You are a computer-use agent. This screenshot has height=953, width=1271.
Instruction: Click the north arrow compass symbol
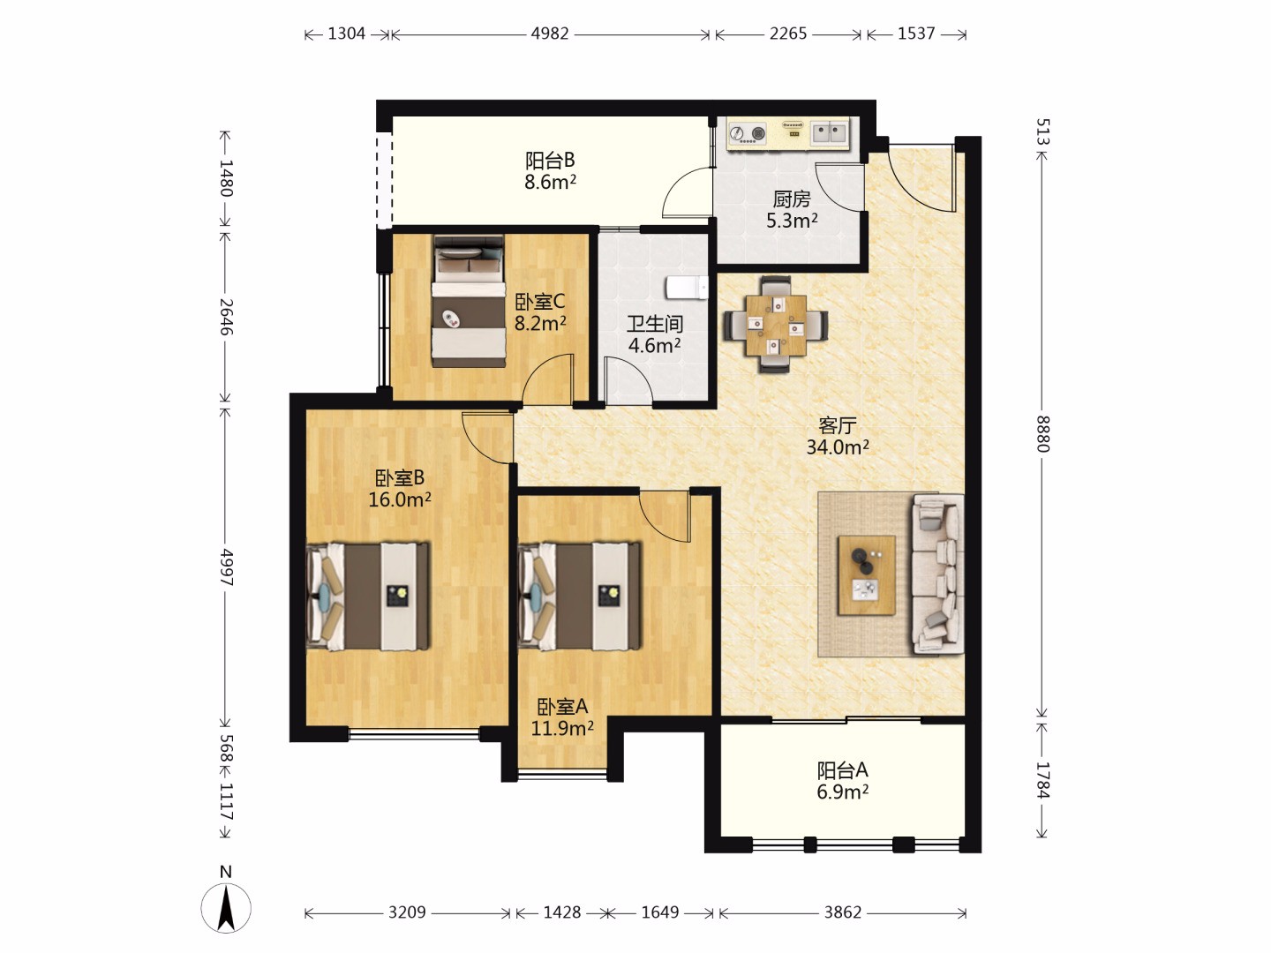[226, 907]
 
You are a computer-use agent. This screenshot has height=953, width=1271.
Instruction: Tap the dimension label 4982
[550, 34]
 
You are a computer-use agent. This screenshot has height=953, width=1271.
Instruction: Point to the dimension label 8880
[1043, 433]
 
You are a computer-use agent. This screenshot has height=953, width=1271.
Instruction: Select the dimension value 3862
[843, 912]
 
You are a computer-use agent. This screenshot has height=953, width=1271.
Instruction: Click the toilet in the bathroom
[688, 288]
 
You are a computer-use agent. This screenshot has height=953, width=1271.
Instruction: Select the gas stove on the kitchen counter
[747, 133]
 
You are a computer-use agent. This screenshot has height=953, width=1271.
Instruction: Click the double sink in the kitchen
[829, 133]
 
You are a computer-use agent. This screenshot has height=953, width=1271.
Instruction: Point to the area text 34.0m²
[838, 446]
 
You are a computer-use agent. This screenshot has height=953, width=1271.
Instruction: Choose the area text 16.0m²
[400, 499]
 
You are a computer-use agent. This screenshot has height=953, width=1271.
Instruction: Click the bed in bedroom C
[469, 301]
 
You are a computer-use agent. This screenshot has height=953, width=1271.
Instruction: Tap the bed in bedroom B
[368, 596]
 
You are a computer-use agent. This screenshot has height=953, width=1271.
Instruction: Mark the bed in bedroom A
[580, 596]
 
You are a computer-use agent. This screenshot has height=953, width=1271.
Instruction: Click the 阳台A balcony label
[843, 770]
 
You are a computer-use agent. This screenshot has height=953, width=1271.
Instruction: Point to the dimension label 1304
[346, 34]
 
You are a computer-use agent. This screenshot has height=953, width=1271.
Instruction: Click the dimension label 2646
[227, 317]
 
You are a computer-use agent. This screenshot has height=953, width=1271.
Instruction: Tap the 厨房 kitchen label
[792, 199]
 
